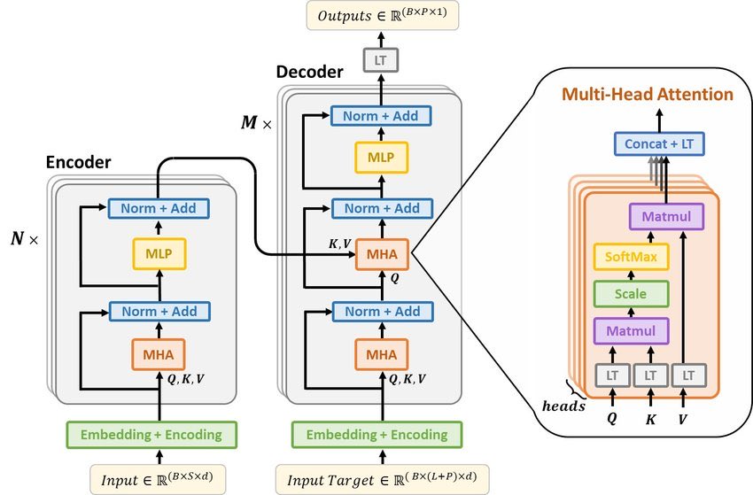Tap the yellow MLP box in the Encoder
159,254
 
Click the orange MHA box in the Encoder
159,355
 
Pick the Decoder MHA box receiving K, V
382,257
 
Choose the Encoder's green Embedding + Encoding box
151,434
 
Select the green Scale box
632,293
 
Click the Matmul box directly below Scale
632,331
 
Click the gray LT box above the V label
687,375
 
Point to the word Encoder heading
78,162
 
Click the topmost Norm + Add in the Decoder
382,115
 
